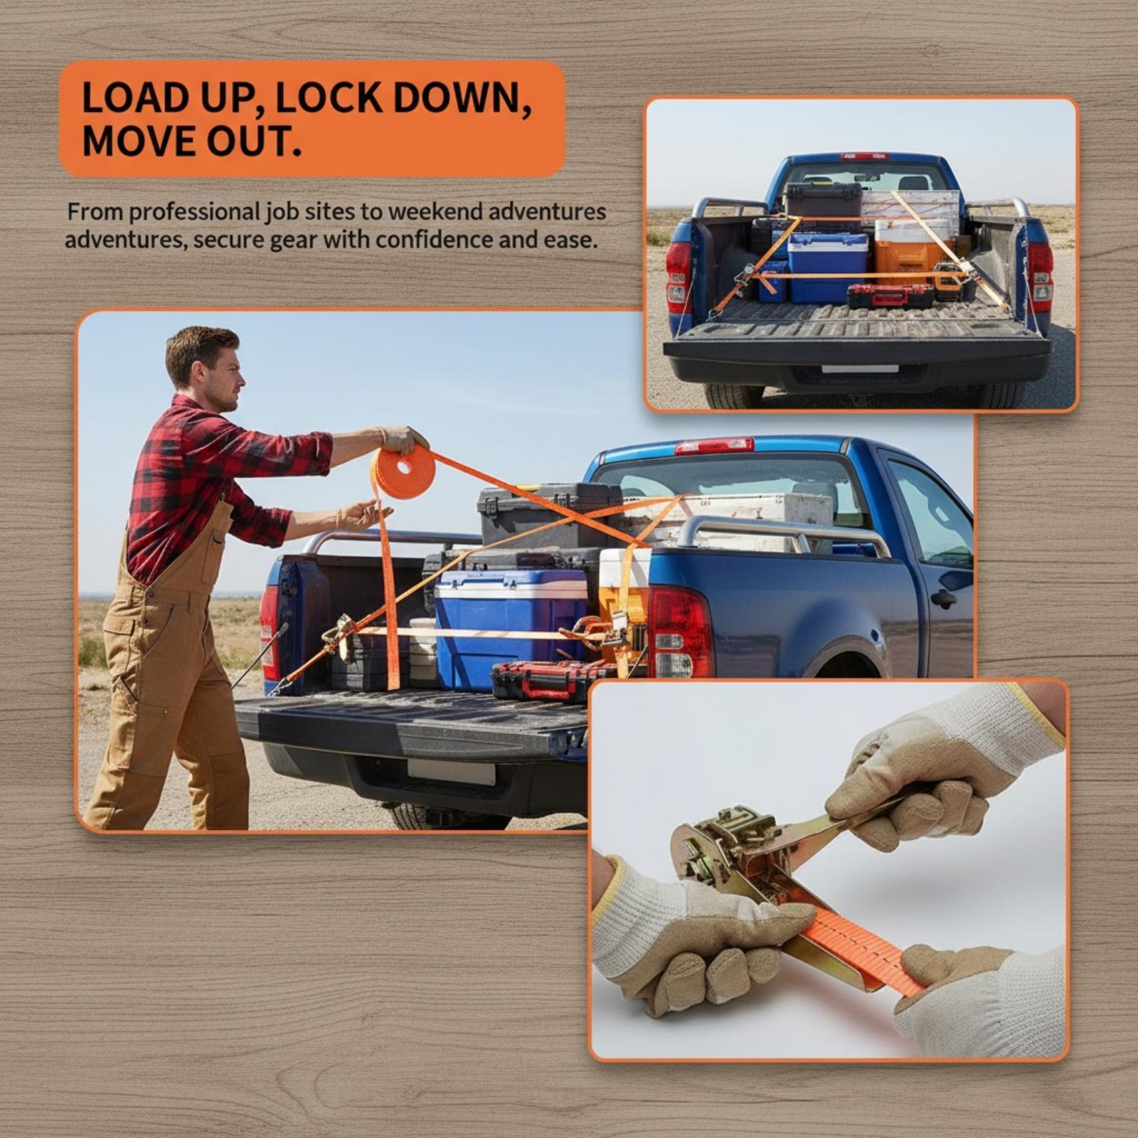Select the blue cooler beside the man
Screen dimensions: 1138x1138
point(511,627)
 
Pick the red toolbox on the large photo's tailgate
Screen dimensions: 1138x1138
point(554,679)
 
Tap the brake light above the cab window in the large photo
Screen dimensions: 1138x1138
point(713,446)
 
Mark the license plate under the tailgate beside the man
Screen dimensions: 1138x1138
point(451,771)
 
